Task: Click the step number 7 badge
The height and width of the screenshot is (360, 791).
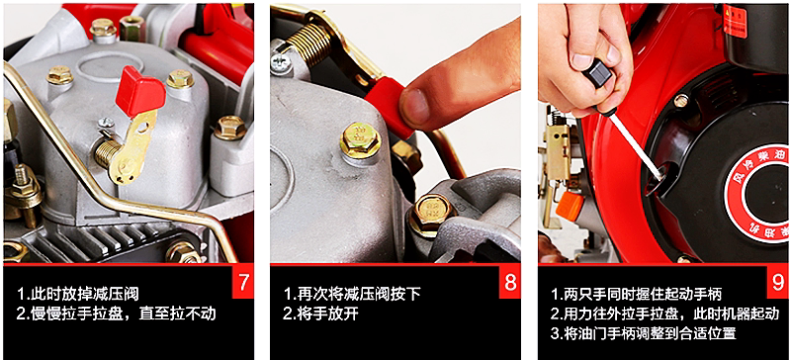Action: (243, 281)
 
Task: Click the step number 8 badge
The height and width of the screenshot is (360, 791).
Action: (510, 281)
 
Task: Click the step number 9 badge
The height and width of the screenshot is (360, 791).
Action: (777, 281)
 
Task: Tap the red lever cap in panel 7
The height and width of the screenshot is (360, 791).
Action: (139, 92)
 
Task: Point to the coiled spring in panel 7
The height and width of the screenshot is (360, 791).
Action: (108, 153)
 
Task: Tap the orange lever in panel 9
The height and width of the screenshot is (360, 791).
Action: (570, 205)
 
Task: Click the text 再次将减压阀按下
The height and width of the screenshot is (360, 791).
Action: (352, 294)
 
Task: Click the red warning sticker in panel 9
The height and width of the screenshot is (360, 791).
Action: (735, 21)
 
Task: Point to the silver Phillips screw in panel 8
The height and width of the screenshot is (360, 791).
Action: (281, 62)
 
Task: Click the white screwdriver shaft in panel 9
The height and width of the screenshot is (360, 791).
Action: (639, 145)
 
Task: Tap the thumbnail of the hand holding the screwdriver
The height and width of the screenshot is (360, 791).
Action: (585, 54)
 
